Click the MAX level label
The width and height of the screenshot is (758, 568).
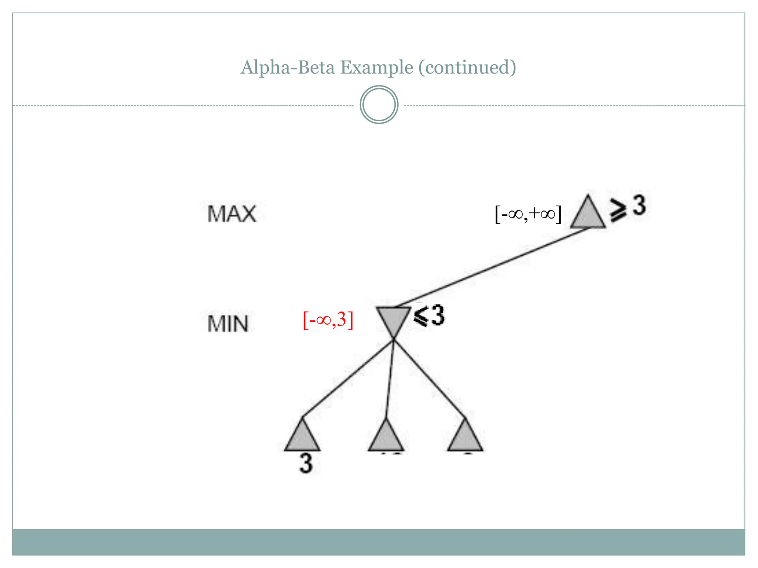tap(232, 214)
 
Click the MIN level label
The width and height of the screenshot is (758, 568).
tap(228, 324)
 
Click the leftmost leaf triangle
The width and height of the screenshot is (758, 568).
tap(302, 438)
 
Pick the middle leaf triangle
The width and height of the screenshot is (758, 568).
tap(386, 438)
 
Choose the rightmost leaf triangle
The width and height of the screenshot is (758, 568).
tap(465, 438)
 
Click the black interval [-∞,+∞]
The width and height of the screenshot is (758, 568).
tap(528, 214)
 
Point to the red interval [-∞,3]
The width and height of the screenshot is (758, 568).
tap(328, 320)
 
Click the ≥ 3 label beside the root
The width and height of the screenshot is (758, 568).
tap(628, 208)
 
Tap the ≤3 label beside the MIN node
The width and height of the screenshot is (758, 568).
tap(429, 316)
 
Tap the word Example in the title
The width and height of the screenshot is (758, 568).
tap(376, 68)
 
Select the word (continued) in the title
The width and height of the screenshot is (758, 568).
tap(467, 68)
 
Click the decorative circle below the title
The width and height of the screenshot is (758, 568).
tap(379, 105)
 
